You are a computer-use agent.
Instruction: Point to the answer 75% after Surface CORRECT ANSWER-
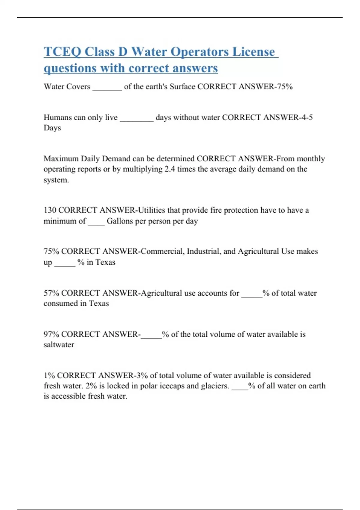click(x=285, y=87)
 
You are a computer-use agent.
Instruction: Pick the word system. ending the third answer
click(x=56, y=180)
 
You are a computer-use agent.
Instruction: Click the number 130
click(x=50, y=210)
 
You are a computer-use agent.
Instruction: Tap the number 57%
click(x=51, y=293)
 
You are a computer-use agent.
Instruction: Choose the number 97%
click(x=51, y=334)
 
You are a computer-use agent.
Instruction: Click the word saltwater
click(x=59, y=345)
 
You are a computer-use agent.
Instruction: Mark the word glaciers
click(x=215, y=386)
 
